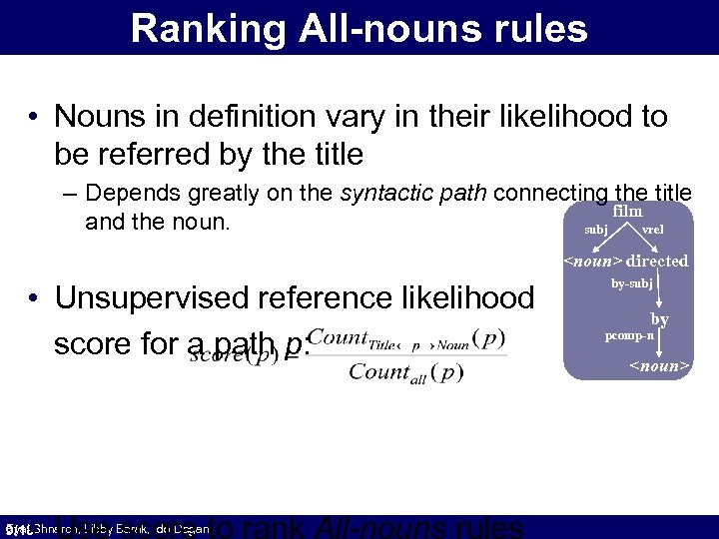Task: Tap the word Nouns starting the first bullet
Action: click(98, 117)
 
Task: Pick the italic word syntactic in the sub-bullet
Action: click(381, 193)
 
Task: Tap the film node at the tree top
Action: click(627, 211)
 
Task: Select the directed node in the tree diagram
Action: click(657, 261)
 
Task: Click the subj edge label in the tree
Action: click(593, 230)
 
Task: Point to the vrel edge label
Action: click(652, 230)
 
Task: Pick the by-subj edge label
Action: click(631, 283)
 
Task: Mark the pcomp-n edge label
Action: click(629, 335)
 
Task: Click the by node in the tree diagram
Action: click(660, 319)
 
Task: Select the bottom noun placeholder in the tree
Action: click(658, 366)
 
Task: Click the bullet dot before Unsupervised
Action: click(34, 298)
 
